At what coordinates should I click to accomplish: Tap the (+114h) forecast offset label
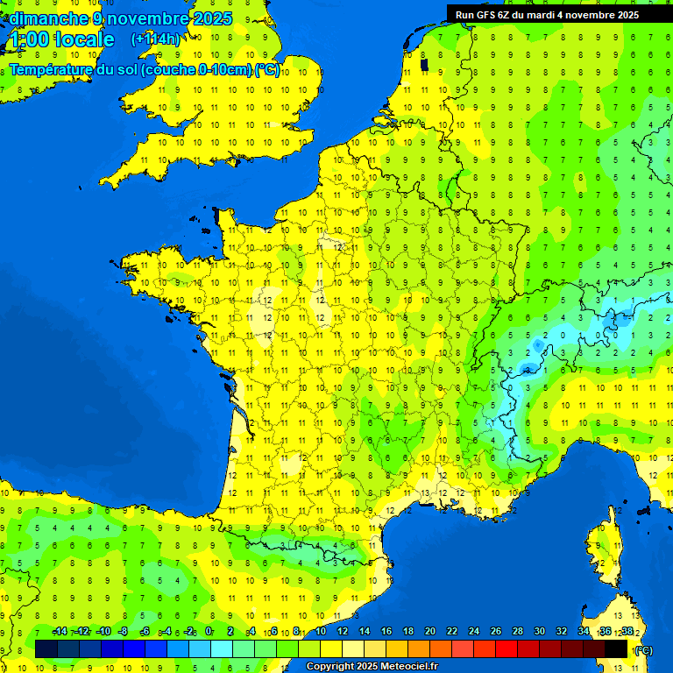point(156,39)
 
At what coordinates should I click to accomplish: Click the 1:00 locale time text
point(61,39)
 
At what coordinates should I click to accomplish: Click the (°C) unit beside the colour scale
point(643,650)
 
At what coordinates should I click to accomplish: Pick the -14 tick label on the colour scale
point(60,632)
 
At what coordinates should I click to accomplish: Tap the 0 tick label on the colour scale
point(209,632)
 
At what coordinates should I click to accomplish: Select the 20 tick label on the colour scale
point(429,632)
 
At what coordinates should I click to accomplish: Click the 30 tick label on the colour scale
point(539,632)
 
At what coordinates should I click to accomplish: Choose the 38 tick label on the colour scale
point(627,632)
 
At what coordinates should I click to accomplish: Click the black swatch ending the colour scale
point(617,648)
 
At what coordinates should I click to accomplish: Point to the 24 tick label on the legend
point(473,632)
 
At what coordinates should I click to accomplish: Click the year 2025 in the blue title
point(211,18)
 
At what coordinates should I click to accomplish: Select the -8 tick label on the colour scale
point(124,632)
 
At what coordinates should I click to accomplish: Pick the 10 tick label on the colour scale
point(320,632)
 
